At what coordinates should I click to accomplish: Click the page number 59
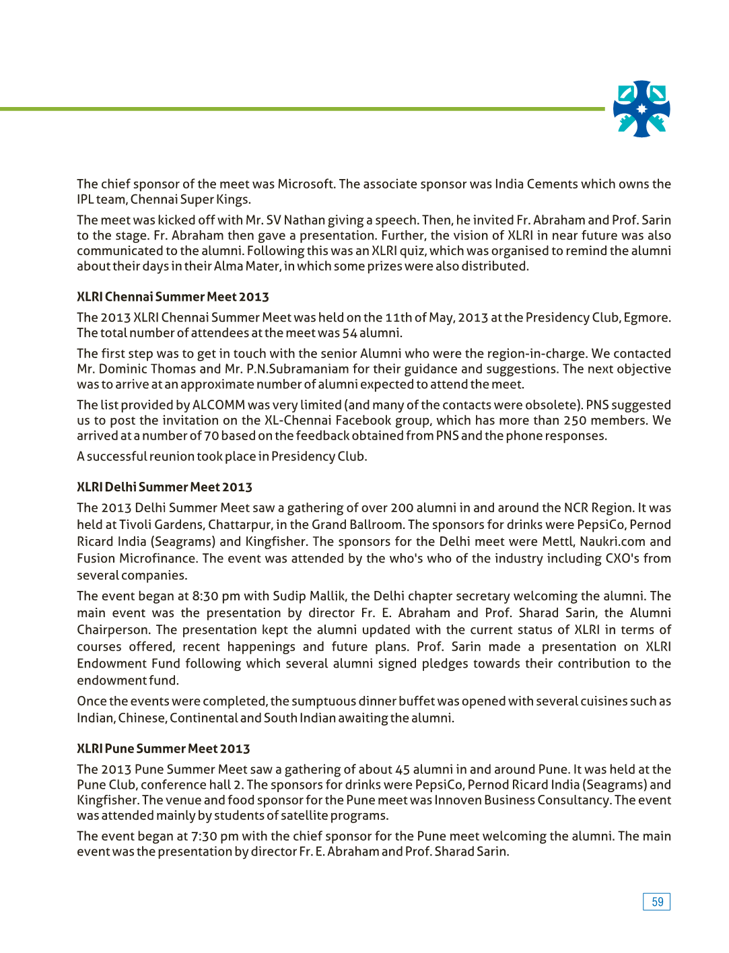[657, 902]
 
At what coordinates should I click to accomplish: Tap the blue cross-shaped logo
[641, 109]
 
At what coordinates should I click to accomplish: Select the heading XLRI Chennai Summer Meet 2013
[173, 297]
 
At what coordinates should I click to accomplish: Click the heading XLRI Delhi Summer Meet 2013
[164, 487]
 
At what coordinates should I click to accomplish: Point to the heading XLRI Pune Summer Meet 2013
[164, 749]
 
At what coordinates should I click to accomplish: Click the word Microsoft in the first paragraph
[306, 184]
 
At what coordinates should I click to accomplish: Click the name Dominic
[123, 369]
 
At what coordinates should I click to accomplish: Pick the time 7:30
[204, 837]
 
